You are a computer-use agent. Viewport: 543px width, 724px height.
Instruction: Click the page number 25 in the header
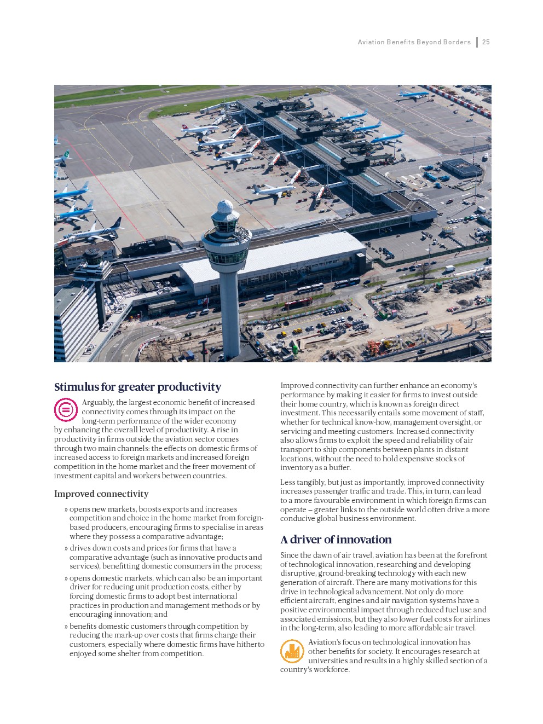(486, 42)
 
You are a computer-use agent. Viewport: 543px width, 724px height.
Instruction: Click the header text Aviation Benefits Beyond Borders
(414, 42)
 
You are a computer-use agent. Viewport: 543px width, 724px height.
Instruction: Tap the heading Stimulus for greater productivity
(137, 387)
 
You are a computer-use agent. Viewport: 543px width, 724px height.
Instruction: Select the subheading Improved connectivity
(101, 494)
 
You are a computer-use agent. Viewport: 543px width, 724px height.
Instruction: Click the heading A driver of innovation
(336, 540)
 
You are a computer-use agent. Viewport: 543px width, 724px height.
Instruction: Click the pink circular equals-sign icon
(66, 410)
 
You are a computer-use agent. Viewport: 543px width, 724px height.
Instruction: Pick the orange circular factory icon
(292, 651)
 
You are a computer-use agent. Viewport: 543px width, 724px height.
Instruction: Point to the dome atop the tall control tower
(225, 207)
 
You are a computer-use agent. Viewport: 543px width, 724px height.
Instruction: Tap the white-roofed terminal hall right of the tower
(274, 257)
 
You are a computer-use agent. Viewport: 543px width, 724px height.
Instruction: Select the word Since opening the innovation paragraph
(290, 555)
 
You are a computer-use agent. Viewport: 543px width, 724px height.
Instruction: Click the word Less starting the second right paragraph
(288, 482)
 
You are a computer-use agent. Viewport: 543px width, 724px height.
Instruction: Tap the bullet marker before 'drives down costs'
(66, 548)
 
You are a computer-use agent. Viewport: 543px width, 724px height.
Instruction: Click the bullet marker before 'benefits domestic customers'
(66, 626)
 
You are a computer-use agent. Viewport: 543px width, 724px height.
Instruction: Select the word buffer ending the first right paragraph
(339, 467)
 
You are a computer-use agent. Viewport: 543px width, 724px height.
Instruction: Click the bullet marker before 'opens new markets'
(66, 509)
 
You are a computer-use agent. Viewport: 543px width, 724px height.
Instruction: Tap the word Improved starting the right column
(297, 386)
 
